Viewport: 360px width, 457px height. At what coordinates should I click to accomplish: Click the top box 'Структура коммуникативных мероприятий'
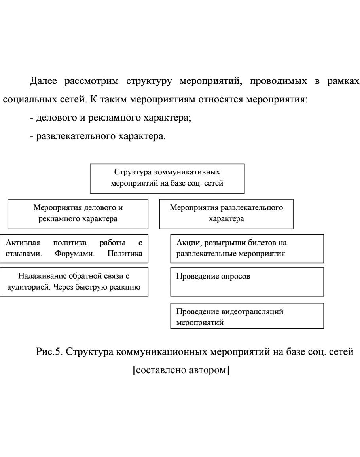coord(167,178)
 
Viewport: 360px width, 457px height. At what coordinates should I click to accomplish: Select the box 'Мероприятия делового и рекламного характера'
coord(78,214)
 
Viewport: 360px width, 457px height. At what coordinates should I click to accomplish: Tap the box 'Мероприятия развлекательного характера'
coord(226,214)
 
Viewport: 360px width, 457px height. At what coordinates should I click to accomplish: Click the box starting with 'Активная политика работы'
coord(74,248)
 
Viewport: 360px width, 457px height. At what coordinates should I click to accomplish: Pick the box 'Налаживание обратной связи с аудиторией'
coord(74,282)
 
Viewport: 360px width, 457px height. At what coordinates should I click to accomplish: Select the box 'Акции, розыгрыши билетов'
coord(247,248)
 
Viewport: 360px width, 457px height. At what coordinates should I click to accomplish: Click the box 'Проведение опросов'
coord(247,282)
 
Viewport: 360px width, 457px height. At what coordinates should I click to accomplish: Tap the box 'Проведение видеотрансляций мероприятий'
coord(247,316)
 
